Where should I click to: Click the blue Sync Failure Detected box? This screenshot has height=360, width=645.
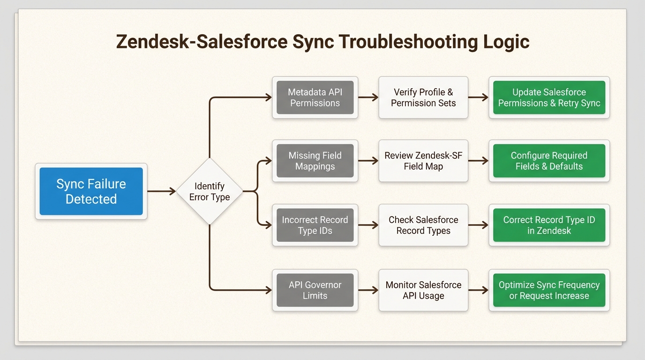(91, 191)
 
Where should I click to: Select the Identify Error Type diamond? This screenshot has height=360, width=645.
(210, 191)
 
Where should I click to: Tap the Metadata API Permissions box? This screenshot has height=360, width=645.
(315, 97)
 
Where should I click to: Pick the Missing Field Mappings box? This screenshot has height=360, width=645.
(315, 161)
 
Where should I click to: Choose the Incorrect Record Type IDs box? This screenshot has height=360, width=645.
(315, 225)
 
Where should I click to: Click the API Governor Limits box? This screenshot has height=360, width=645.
(315, 290)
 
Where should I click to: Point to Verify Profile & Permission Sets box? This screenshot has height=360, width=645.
(423, 97)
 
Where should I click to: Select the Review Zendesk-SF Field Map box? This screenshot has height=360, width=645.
(423, 161)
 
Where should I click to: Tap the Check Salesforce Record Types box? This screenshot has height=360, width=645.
(423, 225)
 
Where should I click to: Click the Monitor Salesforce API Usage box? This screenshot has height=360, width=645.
(423, 290)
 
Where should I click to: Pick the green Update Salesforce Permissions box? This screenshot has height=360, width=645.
(549, 97)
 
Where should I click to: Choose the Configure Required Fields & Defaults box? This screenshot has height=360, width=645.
(549, 161)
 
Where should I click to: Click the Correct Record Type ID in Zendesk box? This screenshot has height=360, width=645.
(549, 225)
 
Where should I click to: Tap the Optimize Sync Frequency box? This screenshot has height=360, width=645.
(549, 290)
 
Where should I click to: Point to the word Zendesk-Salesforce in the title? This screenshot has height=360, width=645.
(202, 42)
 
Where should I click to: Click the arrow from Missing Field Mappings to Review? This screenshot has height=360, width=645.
(368, 161)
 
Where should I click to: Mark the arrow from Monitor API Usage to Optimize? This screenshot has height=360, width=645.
(479, 290)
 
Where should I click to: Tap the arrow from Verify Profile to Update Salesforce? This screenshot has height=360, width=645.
(479, 97)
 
